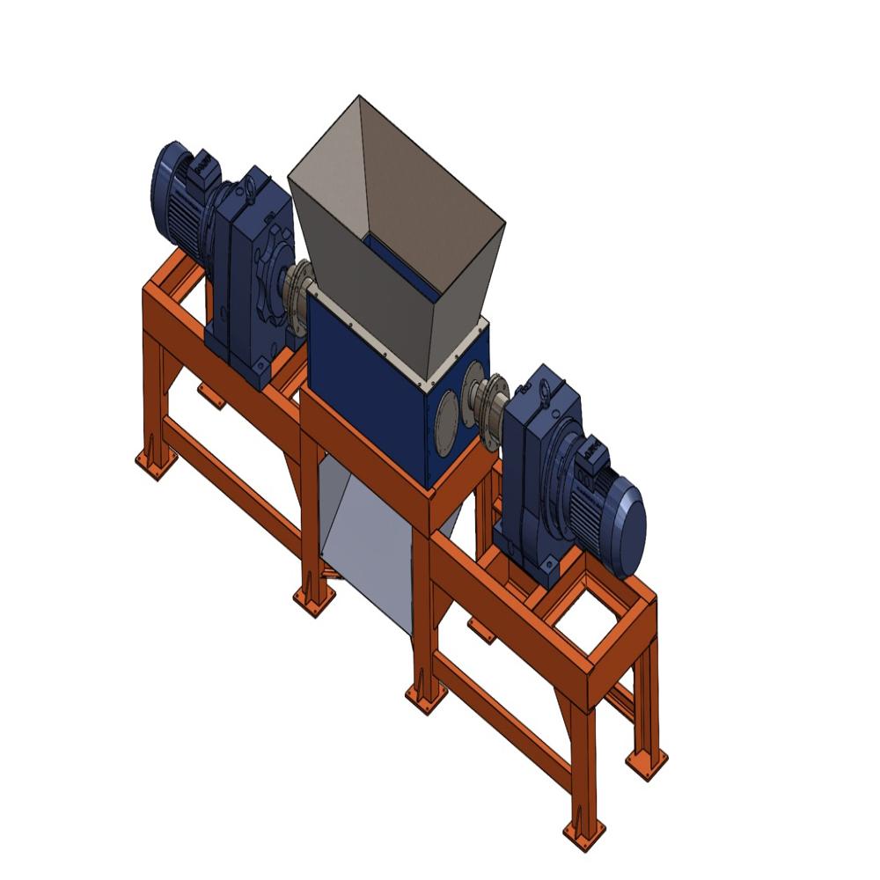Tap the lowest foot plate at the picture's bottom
pos(583,832)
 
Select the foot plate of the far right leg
pos(647,761)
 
